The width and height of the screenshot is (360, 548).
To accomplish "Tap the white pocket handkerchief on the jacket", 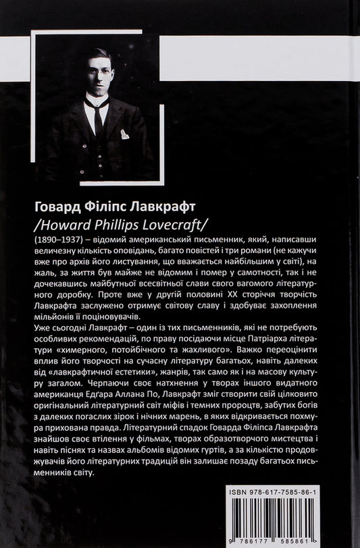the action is click(124, 134).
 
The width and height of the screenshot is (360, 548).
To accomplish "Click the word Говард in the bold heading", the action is click(55, 204).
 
